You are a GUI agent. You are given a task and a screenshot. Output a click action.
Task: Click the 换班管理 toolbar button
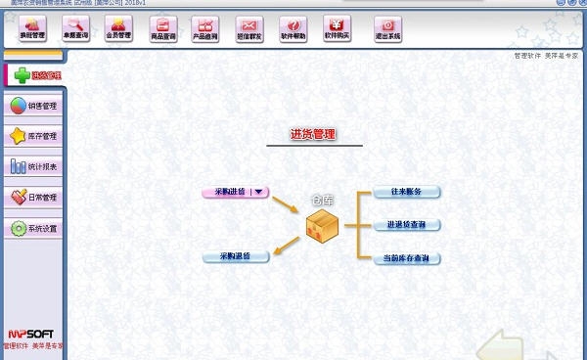[32, 27]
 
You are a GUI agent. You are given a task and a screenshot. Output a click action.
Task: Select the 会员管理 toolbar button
[117, 27]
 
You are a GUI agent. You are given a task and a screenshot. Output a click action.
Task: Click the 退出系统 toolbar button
[387, 27]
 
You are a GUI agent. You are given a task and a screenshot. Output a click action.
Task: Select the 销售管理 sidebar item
[34, 106]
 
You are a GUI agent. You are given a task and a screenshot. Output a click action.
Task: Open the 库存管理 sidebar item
[34, 136]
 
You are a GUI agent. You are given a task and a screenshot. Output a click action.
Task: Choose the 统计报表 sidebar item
[34, 166]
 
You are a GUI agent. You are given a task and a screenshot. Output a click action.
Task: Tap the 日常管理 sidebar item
[34, 197]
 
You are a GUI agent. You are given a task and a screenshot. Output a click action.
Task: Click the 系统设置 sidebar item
[34, 228]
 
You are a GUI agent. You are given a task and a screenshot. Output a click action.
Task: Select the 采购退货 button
[235, 256]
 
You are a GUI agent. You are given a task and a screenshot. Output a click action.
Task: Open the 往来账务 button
[406, 192]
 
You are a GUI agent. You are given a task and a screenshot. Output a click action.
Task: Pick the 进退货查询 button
[406, 225]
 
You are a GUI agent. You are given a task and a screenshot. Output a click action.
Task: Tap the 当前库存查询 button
[406, 258]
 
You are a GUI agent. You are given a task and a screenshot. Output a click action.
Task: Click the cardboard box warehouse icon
[322, 226]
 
